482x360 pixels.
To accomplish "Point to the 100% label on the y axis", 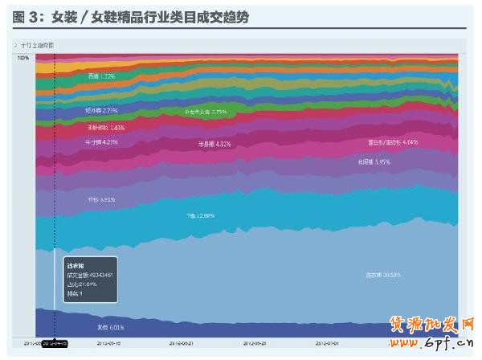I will [x=22, y=58].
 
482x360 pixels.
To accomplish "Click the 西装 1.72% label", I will [x=102, y=76].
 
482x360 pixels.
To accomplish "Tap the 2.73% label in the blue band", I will [x=101, y=110].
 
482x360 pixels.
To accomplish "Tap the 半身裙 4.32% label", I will [x=214, y=145].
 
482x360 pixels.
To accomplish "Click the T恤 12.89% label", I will [x=200, y=215].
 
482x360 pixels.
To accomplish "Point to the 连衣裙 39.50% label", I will [x=383, y=276].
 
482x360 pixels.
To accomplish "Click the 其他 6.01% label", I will [x=111, y=327].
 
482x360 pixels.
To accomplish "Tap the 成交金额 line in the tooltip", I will [x=89, y=274].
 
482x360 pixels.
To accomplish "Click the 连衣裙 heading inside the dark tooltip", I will [x=76, y=264].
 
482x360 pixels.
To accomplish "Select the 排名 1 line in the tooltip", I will [x=75, y=294].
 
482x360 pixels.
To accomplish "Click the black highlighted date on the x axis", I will [x=55, y=343].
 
